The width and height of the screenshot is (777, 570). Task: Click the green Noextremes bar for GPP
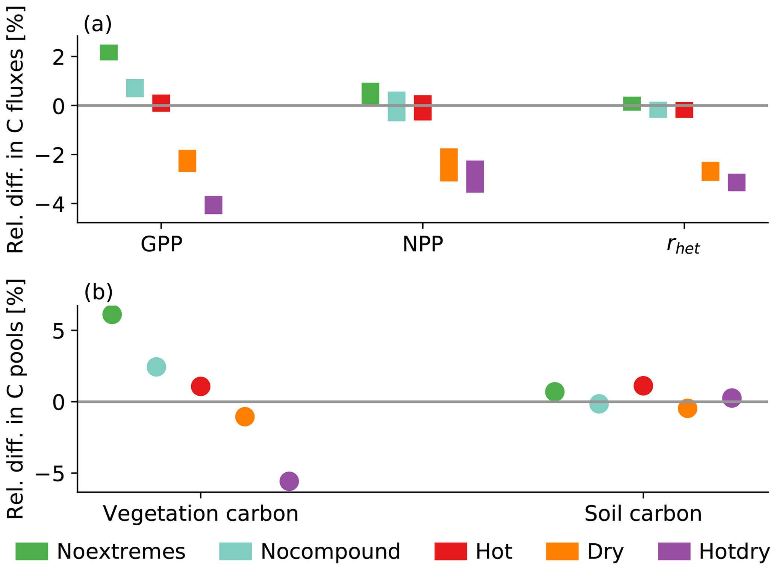pos(109,52)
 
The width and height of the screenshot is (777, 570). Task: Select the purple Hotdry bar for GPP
pos(213,205)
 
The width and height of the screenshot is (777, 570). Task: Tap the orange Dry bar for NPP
pos(448,165)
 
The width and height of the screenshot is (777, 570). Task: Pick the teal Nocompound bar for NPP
pos(396,106)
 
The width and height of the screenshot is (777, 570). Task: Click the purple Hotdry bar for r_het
pos(736,182)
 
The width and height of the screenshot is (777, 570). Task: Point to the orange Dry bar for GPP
pos(187,160)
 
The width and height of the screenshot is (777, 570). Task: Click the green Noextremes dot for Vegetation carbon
pos(112,314)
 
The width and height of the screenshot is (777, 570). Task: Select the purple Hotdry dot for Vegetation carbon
pos(289,481)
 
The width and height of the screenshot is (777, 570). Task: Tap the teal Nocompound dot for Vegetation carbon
pos(156,366)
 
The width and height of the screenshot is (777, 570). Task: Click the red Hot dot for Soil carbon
pos(643,386)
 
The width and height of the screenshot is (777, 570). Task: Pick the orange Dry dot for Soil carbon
pos(687,408)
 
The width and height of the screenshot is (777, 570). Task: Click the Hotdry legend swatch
pos(674,551)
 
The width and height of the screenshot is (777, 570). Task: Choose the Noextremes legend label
pos(121,552)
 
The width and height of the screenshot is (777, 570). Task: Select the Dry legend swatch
pos(562,551)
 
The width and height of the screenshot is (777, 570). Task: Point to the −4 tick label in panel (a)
pos(49,204)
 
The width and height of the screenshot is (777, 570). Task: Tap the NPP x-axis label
pos(423,245)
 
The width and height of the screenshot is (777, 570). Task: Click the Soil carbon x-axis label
pos(643,514)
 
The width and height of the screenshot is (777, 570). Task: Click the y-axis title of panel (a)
pos(16,130)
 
